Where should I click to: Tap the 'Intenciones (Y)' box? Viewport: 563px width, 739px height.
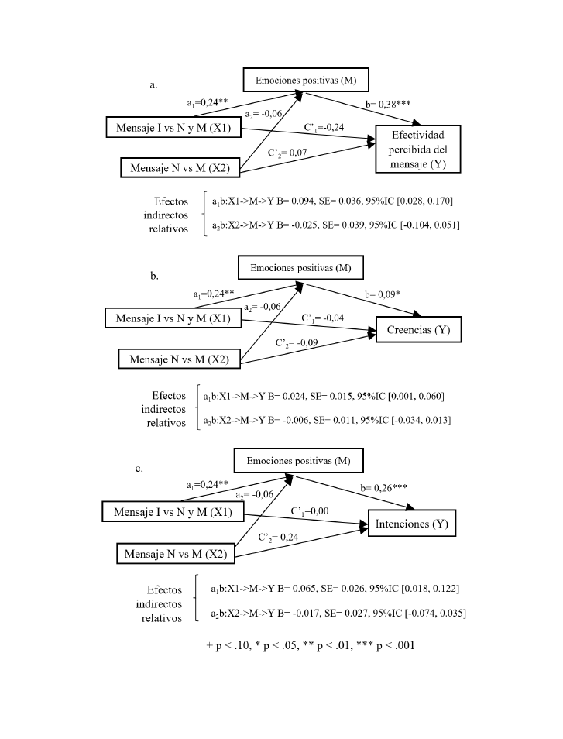[x=411, y=524]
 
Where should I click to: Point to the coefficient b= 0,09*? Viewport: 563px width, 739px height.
[x=402, y=295]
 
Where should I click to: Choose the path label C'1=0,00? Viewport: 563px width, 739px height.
[x=311, y=511]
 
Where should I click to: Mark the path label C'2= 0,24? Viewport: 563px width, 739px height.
[x=280, y=537]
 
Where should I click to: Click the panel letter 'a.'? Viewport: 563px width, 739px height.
[x=153, y=85]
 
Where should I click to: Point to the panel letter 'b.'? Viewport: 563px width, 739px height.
[x=154, y=275]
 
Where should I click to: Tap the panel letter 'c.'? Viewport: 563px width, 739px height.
[x=140, y=468]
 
